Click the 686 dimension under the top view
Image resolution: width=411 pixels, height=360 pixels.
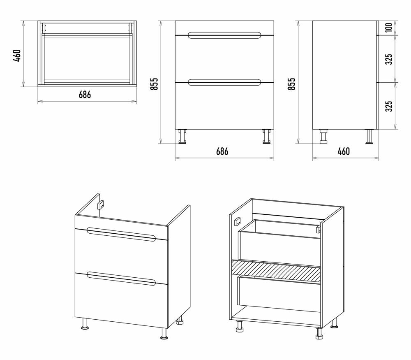tap(85, 94)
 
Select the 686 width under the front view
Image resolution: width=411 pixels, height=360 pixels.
tap(222, 151)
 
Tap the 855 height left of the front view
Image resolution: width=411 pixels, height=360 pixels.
tap(154, 84)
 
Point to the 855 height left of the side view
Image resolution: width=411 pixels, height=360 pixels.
tap(291, 84)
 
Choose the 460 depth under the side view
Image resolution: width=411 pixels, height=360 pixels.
tap(344, 151)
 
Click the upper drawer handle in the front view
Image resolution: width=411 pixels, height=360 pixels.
tap(224, 35)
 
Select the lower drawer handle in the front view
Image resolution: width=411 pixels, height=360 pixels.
tap(224, 82)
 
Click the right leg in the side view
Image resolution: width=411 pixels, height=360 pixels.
tap(369, 137)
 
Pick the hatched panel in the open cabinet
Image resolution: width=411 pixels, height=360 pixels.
tap(275, 270)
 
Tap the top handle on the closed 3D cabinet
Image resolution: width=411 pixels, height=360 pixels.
tap(121, 233)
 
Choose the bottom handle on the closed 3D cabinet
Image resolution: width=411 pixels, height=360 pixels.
tap(121, 278)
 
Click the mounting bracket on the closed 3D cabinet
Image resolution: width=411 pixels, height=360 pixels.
tap(100, 204)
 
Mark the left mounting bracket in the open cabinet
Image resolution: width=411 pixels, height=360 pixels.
tap(237, 221)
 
